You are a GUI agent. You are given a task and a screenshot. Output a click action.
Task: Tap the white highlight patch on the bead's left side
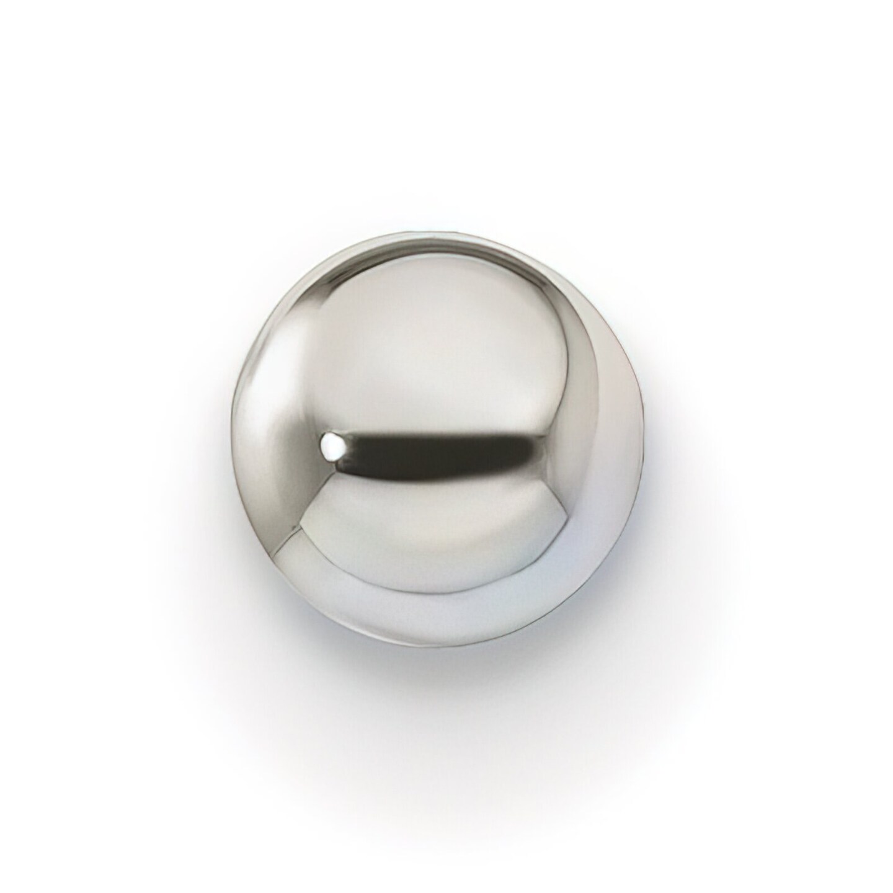264,384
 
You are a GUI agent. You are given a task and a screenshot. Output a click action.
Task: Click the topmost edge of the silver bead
434,233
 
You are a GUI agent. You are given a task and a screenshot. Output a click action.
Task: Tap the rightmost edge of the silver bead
645,446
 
